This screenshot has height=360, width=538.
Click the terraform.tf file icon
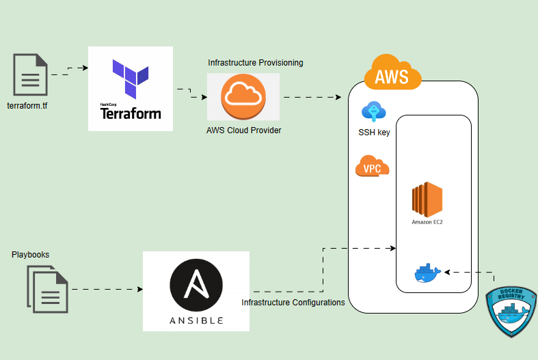tap(31, 74)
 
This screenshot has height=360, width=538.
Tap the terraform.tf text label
tap(28, 107)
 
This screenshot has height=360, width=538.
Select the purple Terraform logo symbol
tap(130, 79)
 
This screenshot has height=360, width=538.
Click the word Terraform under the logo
tap(131, 113)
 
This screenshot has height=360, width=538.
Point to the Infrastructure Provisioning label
tap(256, 63)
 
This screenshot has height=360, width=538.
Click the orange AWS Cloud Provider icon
tap(243, 96)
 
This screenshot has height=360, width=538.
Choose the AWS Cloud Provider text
tap(244, 130)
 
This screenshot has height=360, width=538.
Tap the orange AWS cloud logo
tap(392, 73)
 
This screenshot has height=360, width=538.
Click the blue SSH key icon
tap(373, 111)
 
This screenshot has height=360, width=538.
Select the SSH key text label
tap(374, 133)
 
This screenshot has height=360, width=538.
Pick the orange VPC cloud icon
tap(373, 167)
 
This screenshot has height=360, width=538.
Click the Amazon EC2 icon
tap(428, 199)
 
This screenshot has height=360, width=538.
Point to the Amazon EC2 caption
tap(428, 222)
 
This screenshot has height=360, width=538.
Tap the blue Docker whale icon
tap(428, 273)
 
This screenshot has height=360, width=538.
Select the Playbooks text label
tap(30, 255)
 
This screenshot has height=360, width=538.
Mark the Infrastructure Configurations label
tap(293, 302)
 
